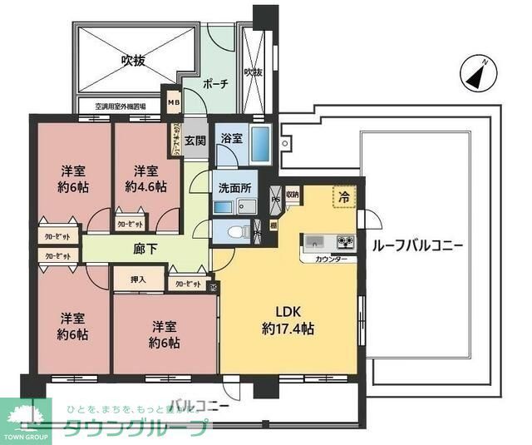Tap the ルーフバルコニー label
418,246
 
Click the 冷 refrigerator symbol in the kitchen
342,198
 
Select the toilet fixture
236,230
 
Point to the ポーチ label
215,84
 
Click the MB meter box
174,103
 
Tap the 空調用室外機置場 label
121,106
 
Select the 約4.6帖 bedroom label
146,178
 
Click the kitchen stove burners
344,243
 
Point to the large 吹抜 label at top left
135,60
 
